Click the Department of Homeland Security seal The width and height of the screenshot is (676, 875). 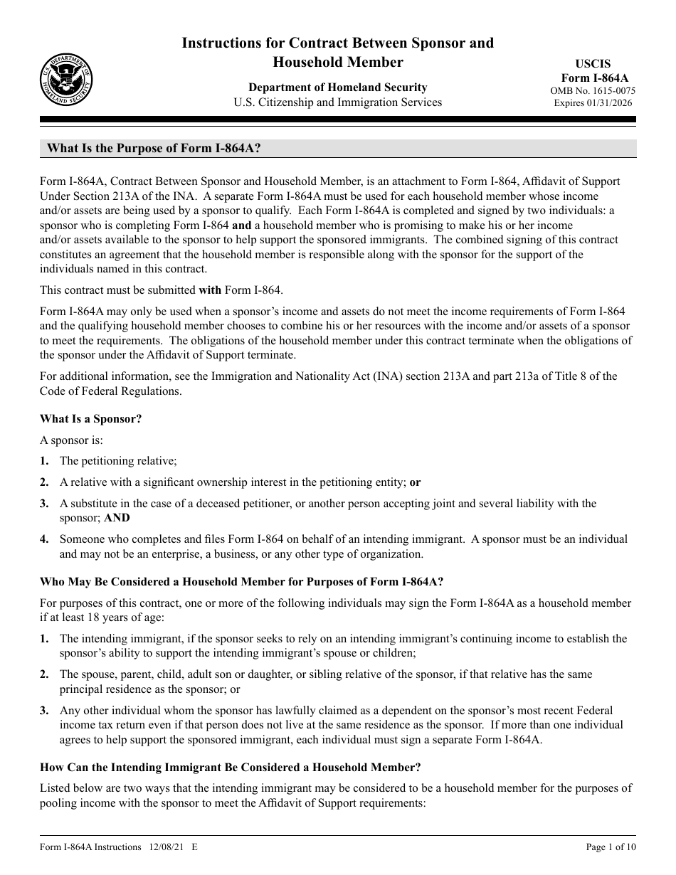[x=66, y=80]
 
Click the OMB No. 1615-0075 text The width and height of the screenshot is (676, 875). [x=593, y=91]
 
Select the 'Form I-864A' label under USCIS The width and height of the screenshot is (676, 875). [x=595, y=78]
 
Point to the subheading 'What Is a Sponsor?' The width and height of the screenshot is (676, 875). [x=90, y=419]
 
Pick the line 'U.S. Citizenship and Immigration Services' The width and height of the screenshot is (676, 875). [x=337, y=102]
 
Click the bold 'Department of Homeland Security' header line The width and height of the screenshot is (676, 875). [x=337, y=87]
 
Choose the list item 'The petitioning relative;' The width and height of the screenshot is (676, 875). [x=118, y=461]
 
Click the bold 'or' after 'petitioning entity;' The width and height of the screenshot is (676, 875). [x=415, y=482]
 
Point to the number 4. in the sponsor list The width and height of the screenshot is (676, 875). [x=44, y=539]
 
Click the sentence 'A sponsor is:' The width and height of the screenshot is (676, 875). [x=72, y=440]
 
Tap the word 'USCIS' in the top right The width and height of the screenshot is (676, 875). [x=594, y=64]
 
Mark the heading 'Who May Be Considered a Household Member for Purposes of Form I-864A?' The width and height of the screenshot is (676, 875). [x=242, y=582]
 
